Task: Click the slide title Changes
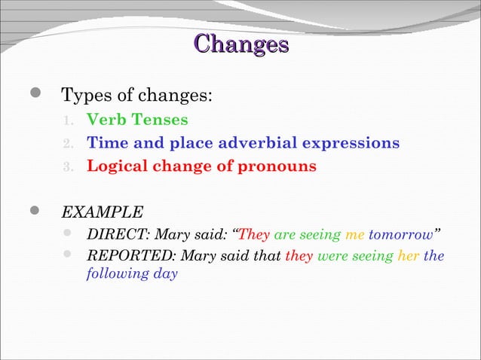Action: (x=240, y=44)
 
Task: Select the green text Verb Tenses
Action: (x=137, y=120)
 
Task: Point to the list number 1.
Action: (x=67, y=121)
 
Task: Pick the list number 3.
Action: (x=67, y=166)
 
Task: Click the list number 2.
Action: (x=67, y=143)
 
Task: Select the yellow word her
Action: (x=409, y=257)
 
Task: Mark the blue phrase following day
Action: (x=132, y=274)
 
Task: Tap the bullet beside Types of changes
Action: (x=35, y=96)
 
